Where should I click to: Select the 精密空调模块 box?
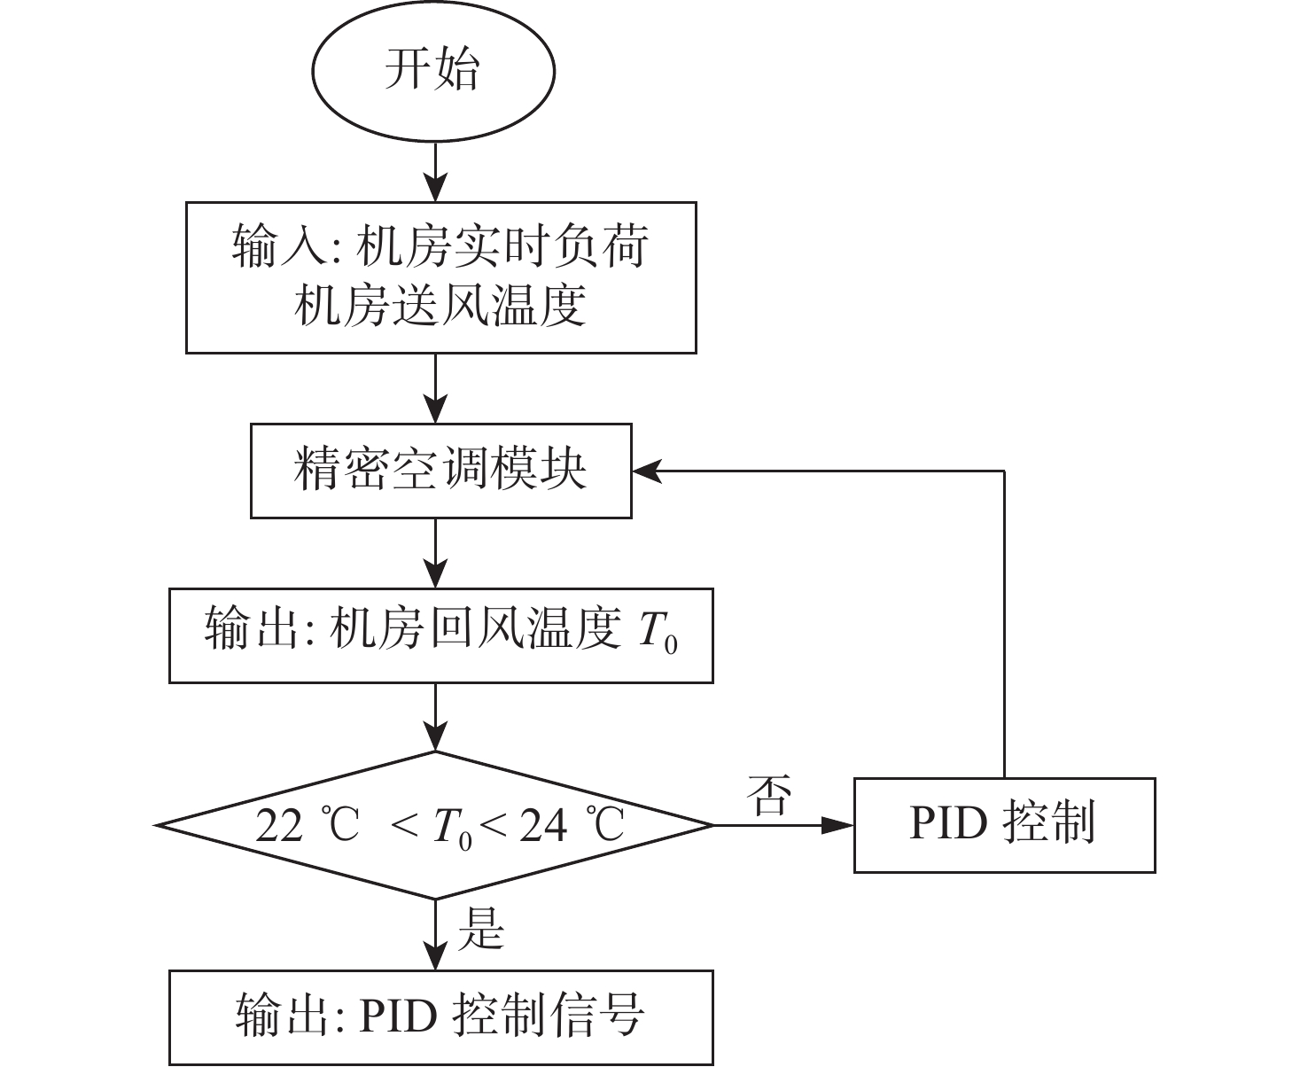pos(441,471)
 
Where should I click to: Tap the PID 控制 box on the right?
pos(1005,825)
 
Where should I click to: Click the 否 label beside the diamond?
pos(770,795)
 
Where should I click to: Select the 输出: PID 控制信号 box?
pos(441,1017)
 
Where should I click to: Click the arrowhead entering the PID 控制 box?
pos(838,825)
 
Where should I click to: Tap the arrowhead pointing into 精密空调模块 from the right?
pos(648,471)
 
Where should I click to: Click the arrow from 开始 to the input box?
pos(435,172)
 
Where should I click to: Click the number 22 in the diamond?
pos(280,826)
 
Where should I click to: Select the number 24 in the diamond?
pos(544,826)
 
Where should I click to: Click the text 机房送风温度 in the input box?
pos(440,306)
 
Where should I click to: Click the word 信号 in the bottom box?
pos(597,1016)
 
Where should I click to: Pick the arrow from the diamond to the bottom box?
pos(435,934)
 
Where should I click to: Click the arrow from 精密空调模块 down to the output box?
pos(435,553)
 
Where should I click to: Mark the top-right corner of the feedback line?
pos(1004,471)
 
